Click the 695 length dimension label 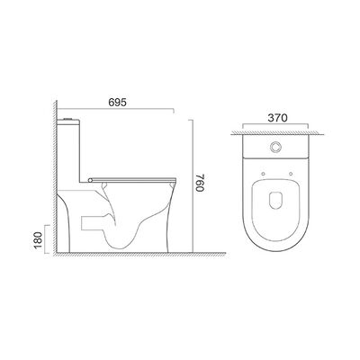117,103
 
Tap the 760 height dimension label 200,182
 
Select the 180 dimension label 38,239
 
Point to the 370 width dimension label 277,118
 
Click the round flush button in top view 274,147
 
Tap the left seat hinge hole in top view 263,174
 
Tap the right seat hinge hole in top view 291,174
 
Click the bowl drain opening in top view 275,200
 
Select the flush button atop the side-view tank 68,119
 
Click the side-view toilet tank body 68,151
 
